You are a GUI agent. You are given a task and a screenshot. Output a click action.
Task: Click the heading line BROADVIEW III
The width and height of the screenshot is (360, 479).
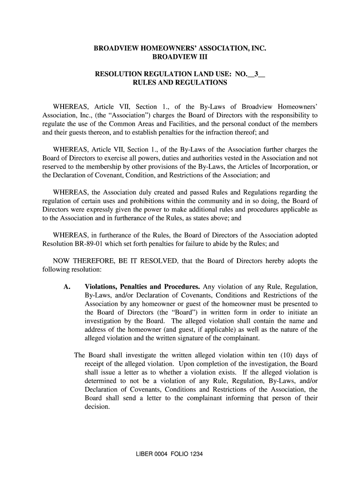point(180,58)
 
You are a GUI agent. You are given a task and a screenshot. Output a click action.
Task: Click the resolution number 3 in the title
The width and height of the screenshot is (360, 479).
point(256,74)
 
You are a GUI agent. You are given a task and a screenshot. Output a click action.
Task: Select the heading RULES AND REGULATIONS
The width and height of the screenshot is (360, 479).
point(180,83)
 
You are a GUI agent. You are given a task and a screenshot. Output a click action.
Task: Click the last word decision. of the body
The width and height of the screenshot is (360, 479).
point(97,407)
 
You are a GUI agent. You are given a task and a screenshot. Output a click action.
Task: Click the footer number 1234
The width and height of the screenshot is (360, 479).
point(191,455)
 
